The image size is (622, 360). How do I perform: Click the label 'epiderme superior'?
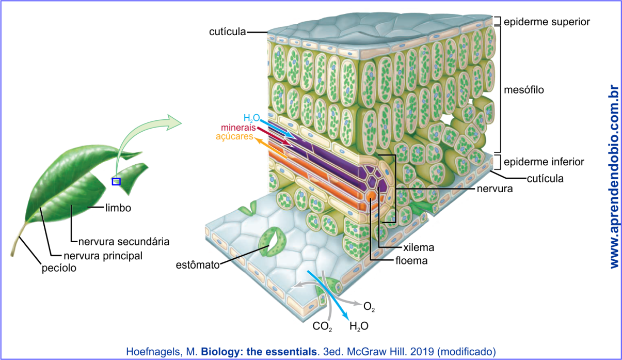click(x=547, y=22)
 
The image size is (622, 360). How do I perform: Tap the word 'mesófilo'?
click(x=524, y=90)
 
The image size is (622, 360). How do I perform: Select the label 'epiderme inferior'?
click(x=544, y=162)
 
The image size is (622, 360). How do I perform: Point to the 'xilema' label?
click(x=419, y=247)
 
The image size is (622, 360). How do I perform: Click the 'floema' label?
click(x=411, y=260)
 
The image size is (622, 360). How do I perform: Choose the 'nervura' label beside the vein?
click(x=495, y=189)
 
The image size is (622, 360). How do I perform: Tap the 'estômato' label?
click(x=197, y=265)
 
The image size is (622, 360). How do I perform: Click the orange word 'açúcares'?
click(x=235, y=137)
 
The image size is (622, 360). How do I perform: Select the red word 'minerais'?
click(x=238, y=128)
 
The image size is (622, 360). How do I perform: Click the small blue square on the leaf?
click(x=116, y=182)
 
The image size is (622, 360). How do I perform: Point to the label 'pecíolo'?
click(x=59, y=269)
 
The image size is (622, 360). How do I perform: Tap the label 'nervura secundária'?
click(x=124, y=242)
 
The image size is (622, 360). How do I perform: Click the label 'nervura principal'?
click(x=103, y=256)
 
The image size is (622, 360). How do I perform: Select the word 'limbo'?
click(x=118, y=208)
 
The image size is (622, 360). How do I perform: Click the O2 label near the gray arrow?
click(x=369, y=307)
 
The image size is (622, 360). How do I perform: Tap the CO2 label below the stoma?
click(x=322, y=326)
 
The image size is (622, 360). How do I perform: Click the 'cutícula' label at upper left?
click(x=228, y=32)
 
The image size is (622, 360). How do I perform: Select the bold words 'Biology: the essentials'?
click(x=259, y=352)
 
